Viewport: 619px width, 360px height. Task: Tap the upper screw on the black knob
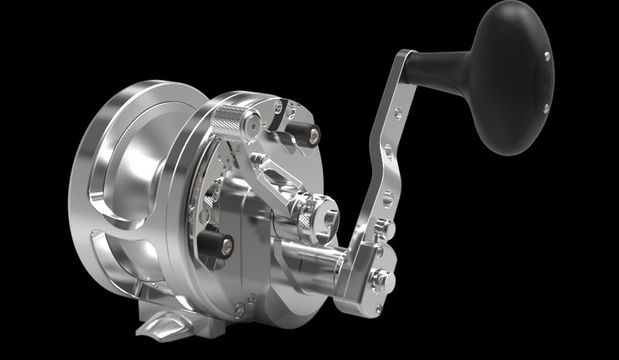(x=547, y=55)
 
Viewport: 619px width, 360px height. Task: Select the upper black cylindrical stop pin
(x=304, y=136)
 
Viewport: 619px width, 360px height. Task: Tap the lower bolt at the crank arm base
(x=381, y=279)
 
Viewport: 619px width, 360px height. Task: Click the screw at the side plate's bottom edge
(x=239, y=308)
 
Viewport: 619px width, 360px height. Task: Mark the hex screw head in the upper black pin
(x=313, y=136)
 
